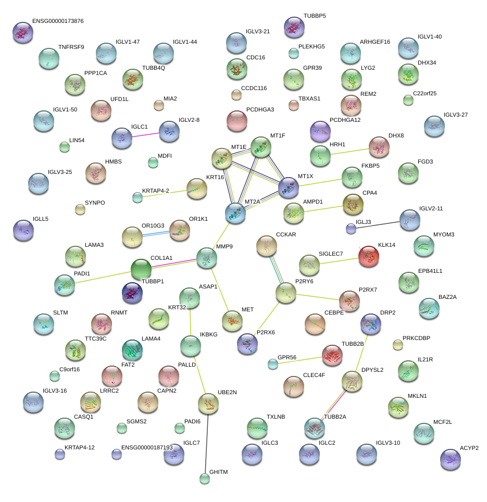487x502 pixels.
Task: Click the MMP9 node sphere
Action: coord(207,257)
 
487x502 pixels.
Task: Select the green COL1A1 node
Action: coord(141,270)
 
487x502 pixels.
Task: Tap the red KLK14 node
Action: coord(369,256)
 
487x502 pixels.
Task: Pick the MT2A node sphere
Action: coord(236,214)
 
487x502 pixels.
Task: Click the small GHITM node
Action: coord(205,479)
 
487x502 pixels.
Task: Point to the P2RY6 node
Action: coord(285,294)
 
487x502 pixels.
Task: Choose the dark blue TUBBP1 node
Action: coord(132,293)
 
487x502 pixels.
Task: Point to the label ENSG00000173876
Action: coord(58,21)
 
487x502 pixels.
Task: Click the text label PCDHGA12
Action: coord(345,120)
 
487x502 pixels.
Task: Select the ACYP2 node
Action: coord(450,459)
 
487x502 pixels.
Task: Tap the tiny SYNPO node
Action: coord(80,209)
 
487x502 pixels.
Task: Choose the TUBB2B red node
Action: coord(332,355)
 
